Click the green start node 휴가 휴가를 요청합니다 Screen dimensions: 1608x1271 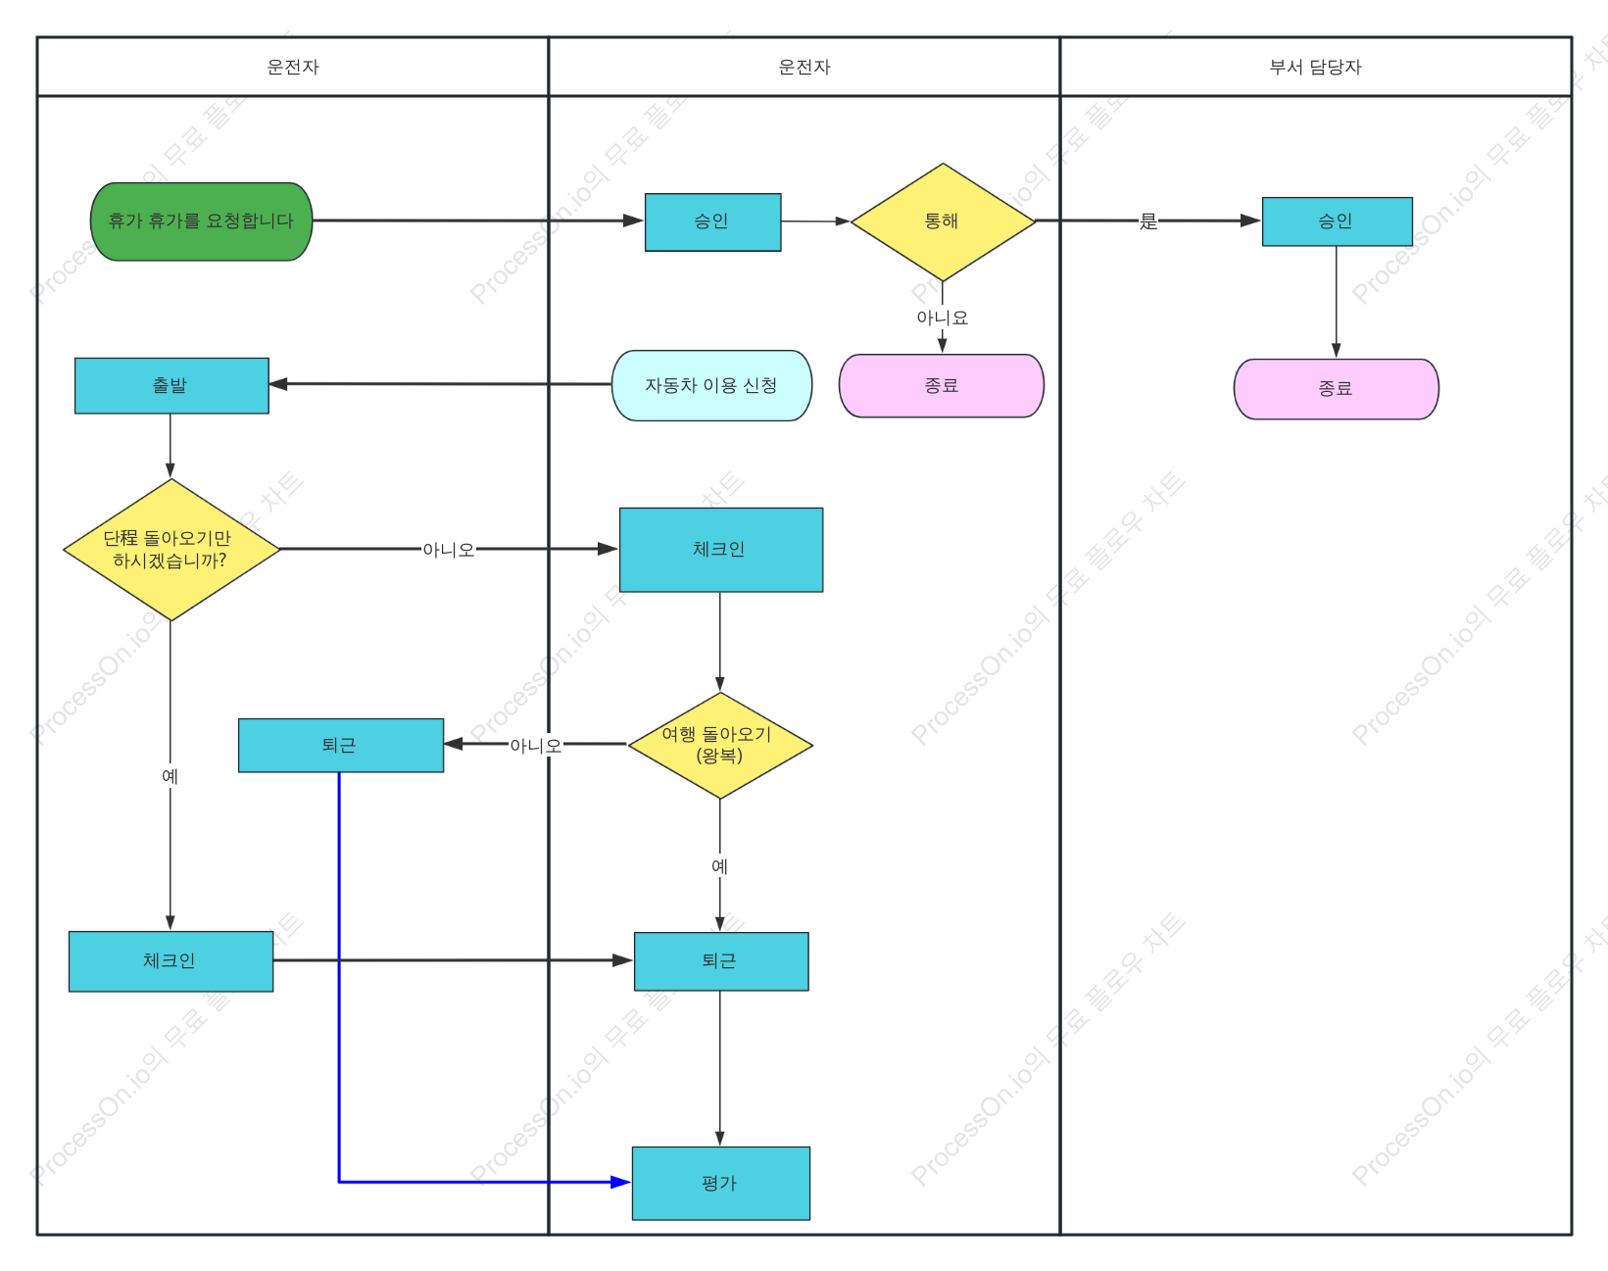click(x=201, y=221)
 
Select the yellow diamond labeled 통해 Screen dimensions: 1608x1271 click(x=943, y=221)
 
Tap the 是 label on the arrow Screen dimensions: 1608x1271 click(x=1147, y=221)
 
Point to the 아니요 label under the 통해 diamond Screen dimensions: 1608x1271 click(x=943, y=318)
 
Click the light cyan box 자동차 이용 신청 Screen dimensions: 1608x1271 click(x=711, y=385)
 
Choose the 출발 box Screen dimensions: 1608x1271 click(x=171, y=385)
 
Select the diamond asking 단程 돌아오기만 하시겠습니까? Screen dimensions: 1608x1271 click(x=171, y=549)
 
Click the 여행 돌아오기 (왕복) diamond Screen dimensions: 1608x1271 click(x=719, y=745)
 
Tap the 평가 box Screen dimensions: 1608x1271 click(x=720, y=1183)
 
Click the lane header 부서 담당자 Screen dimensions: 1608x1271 click(x=1315, y=68)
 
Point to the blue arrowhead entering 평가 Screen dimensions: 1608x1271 click(x=621, y=1182)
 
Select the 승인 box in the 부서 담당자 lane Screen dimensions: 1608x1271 click(x=1337, y=221)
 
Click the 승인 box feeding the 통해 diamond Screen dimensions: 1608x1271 click(x=712, y=221)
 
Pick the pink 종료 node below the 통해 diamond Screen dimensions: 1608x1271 click(x=942, y=385)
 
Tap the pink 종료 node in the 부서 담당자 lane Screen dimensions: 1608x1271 click(x=1336, y=388)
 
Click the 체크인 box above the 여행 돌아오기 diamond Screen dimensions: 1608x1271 click(x=721, y=550)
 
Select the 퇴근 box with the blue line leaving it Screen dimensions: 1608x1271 click(x=341, y=745)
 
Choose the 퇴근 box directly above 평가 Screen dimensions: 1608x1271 click(x=721, y=961)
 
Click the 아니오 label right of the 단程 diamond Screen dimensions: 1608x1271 click(x=449, y=550)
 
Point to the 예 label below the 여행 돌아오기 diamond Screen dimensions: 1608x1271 click(x=719, y=866)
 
